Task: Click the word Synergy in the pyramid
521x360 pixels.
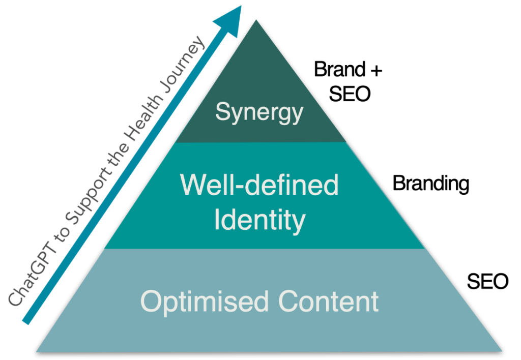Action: pyautogui.click(x=259, y=112)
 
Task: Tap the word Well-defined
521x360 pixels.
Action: pyautogui.click(x=259, y=186)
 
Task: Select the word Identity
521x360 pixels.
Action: pyautogui.click(x=259, y=220)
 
